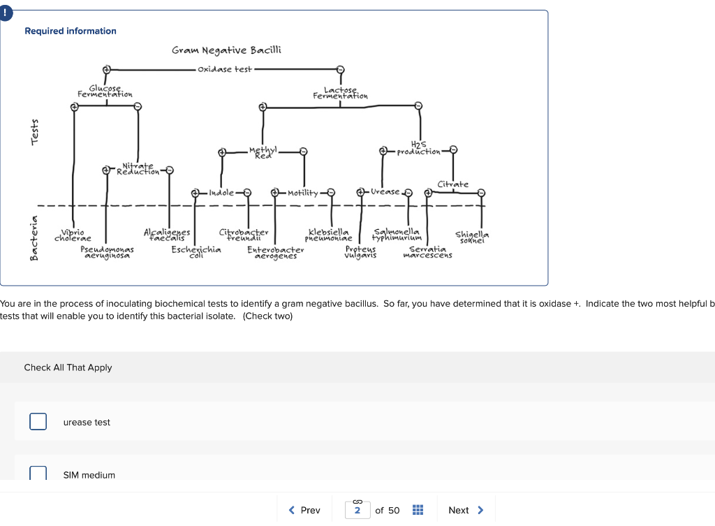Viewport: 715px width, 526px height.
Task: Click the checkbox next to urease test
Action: coord(38,422)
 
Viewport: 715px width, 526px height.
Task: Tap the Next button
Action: coord(466,510)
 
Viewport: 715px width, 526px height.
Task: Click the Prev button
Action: coord(304,510)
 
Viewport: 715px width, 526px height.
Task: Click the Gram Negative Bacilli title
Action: coord(226,50)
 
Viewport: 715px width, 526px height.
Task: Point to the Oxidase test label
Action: coord(225,69)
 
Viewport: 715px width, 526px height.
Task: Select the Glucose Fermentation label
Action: coord(105,92)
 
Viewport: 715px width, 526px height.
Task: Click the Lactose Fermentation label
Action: coord(340,93)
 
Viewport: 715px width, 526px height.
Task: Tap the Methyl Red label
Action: coord(263,152)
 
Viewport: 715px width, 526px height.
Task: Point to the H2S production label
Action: coord(419,149)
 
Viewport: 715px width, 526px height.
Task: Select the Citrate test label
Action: coord(452,184)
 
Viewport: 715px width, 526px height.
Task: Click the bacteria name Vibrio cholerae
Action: coord(73,235)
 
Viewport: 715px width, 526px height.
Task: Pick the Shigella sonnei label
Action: coord(472,237)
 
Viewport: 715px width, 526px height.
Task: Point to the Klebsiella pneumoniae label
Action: coord(327,235)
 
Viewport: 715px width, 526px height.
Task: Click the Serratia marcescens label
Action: coord(427,251)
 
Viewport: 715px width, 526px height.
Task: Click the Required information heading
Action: coord(71,31)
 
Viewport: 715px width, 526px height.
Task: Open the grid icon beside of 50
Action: coord(418,510)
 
